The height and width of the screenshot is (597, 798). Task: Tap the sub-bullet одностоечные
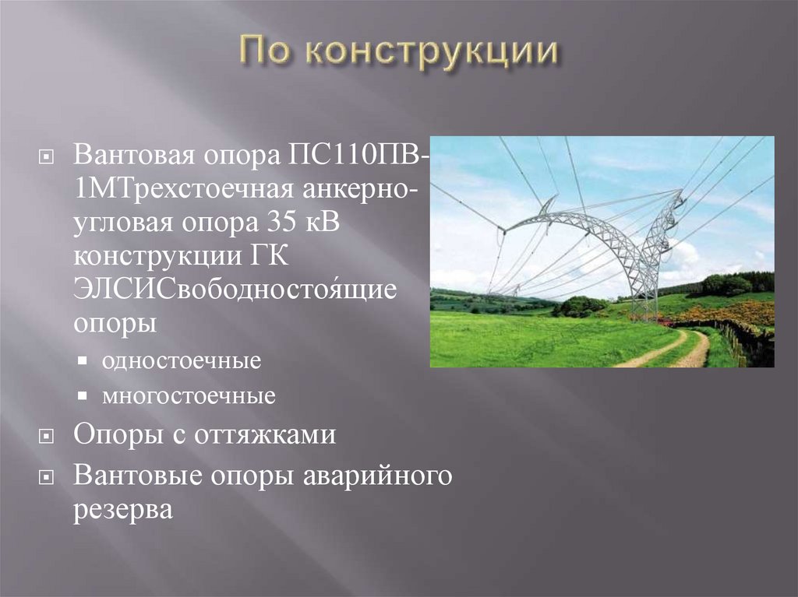click(181, 363)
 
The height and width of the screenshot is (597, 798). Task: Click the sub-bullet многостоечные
click(188, 397)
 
